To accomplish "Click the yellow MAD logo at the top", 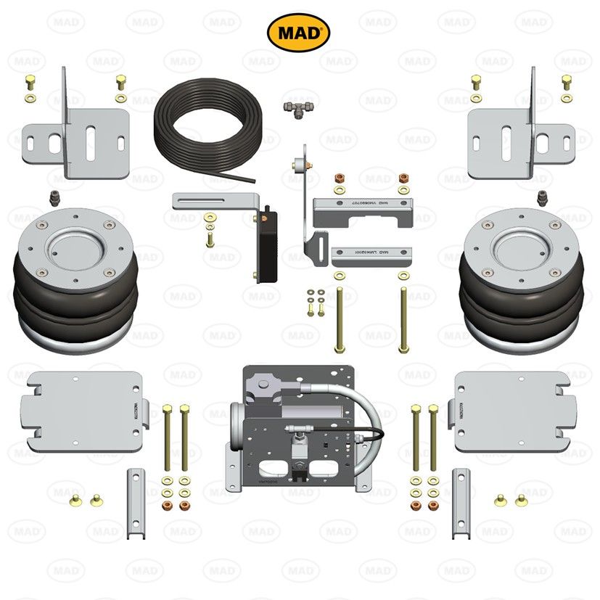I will (x=299, y=33).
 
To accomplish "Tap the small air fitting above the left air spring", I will (x=54, y=197).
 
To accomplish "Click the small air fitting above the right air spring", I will (x=543, y=197).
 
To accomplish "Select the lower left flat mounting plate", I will (x=84, y=410).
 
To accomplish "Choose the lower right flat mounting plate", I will (x=511, y=410).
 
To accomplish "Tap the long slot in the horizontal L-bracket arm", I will (x=207, y=199).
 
